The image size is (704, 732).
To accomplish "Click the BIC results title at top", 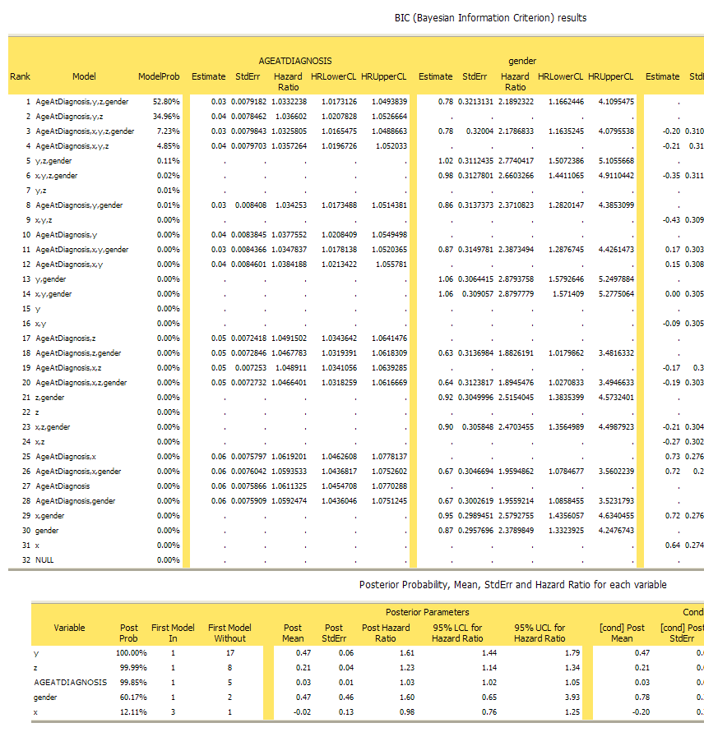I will point(491,17).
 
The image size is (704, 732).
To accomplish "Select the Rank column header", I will point(20,76).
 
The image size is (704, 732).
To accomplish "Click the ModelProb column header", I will point(159,76).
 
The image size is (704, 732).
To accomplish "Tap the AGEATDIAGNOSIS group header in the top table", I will point(294,61).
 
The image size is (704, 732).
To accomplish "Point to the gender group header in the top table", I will point(522,61).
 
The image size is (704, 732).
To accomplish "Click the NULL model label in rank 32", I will point(44,559).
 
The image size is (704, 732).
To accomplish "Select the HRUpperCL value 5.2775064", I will point(611,293).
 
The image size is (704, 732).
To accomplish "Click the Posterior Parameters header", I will point(428,612).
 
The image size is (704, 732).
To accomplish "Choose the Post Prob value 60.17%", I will point(128,697).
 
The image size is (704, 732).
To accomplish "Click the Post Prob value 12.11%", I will point(128,711).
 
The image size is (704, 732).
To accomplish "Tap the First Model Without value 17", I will point(229,652).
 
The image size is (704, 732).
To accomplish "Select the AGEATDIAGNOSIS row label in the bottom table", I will point(70,682).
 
